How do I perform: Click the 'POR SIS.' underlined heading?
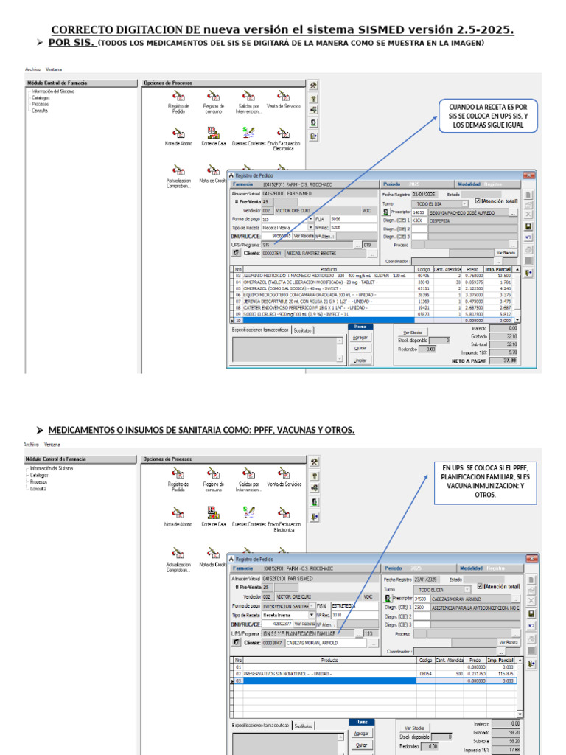click(72, 43)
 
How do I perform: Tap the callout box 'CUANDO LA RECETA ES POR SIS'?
click(488, 116)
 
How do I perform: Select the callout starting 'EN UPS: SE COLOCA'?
click(481, 481)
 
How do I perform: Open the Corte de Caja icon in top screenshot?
click(213, 136)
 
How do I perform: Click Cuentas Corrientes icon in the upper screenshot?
click(248, 136)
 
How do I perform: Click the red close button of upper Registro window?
click(528, 175)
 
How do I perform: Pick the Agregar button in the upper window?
click(360, 337)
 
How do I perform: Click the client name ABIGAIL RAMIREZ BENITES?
click(324, 253)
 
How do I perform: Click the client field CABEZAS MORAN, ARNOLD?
click(324, 643)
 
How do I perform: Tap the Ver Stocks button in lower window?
click(413, 727)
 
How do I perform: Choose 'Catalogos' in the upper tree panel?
click(41, 97)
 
